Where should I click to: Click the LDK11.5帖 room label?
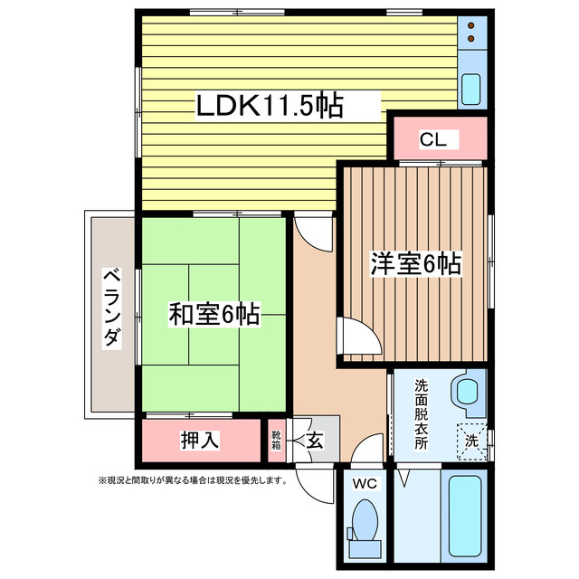tap(270, 106)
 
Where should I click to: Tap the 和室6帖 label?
tap(214, 314)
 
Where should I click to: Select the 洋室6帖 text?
tap(416, 263)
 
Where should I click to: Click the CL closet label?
tap(433, 139)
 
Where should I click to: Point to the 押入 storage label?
tap(200, 440)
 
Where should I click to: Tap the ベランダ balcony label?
tap(111, 308)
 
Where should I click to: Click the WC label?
tap(365, 483)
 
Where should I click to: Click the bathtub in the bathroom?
tap(465, 516)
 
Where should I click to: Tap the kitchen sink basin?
tap(471, 89)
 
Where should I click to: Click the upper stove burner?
tap(471, 25)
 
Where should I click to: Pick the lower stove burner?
tap(471, 38)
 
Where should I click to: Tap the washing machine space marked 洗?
tap(472, 441)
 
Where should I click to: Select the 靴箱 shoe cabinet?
tap(277, 441)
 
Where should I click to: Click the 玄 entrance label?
tap(315, 441)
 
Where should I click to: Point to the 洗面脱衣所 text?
tap(421, 414)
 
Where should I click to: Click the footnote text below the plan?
tap(193, 480)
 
